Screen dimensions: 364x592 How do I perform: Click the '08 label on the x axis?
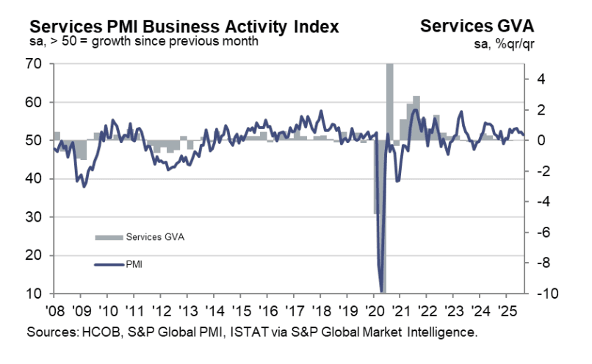[x=55, y=309]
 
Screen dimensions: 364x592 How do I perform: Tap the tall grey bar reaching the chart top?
[x=389, y=103]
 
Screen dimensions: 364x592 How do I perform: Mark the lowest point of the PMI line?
[x=381, y=291]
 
